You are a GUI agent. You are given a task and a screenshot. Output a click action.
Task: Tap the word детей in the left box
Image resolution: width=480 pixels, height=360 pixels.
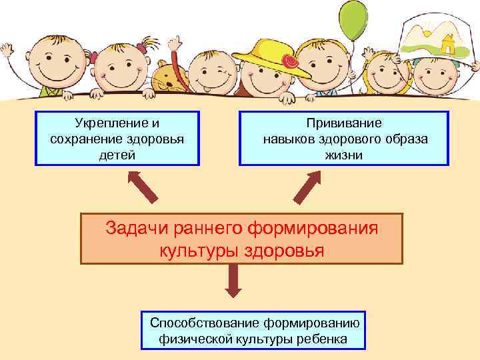pos(118,155)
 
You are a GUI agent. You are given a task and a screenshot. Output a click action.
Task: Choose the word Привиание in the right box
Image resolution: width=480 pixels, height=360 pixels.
pos(344,123)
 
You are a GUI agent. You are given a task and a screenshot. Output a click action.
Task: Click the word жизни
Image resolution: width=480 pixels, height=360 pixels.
pos(344,155)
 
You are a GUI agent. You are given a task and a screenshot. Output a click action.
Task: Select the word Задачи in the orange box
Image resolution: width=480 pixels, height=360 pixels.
pos(139,228)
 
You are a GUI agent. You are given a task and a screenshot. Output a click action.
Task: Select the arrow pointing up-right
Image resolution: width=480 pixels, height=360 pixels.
pos(308,187)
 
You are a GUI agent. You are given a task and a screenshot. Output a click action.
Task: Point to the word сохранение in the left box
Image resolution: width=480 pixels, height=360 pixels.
pos(83,139)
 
